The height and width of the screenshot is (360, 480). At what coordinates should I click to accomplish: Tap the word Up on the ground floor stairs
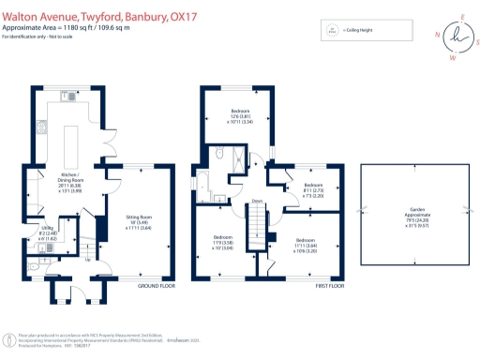point(89,261)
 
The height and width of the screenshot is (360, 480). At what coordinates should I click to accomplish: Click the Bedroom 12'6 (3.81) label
point(243,116)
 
